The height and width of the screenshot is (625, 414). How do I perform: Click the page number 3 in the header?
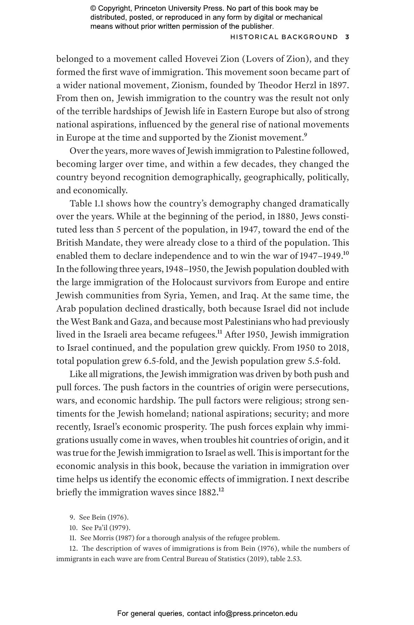coord(347,37)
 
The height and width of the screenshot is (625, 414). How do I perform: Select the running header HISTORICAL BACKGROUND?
coord(284,37)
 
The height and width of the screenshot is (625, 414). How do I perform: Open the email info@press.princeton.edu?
coord(255,614)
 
